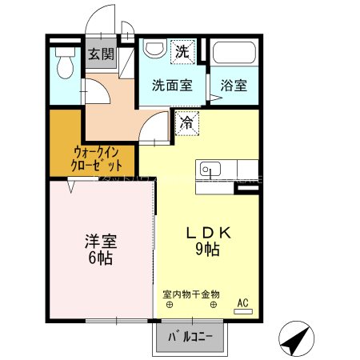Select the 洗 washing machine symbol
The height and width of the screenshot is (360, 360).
click(182, 53)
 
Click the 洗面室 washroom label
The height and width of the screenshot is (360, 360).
click(172, 85)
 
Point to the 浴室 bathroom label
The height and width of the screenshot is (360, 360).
click(234, 85)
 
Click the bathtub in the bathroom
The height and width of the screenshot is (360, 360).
click(234, 55)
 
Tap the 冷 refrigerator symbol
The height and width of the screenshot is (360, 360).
click(186, 122)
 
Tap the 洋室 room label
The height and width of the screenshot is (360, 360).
click(100, 241)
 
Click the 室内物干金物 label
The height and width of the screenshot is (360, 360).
click(190, 294)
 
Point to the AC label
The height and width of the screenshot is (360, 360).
click(243, 303)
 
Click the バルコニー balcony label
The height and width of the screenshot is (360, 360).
click(190, 337)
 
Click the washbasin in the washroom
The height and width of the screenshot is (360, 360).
click(153, 50)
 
